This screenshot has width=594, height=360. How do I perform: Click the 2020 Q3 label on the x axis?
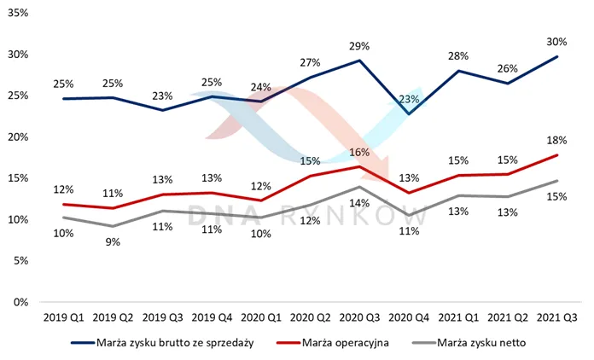[359, 317]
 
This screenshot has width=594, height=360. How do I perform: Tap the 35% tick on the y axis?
[18, 14]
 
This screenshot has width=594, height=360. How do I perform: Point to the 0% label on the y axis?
[20, 303]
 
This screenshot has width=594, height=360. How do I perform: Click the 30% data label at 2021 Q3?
[556, 42]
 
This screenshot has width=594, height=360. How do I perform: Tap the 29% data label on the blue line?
[359, 46]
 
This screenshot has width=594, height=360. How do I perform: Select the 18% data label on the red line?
[556, 141]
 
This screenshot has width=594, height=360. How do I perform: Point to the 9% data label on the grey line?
[113, 242]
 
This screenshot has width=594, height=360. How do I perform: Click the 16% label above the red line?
[359, 152]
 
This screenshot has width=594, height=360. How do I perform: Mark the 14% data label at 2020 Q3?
[359, 203]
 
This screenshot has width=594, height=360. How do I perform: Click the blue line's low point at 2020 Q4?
[409, 114]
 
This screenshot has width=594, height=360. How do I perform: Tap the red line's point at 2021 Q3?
[557, 154]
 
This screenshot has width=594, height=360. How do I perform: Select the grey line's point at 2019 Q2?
[113, 226]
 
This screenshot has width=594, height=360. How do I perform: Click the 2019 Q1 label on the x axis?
[64, 317]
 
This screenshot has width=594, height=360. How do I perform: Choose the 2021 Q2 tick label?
[508, 317]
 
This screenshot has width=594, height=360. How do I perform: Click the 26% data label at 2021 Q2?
[508, 68]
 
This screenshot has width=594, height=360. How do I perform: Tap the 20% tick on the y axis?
[18, 137]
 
